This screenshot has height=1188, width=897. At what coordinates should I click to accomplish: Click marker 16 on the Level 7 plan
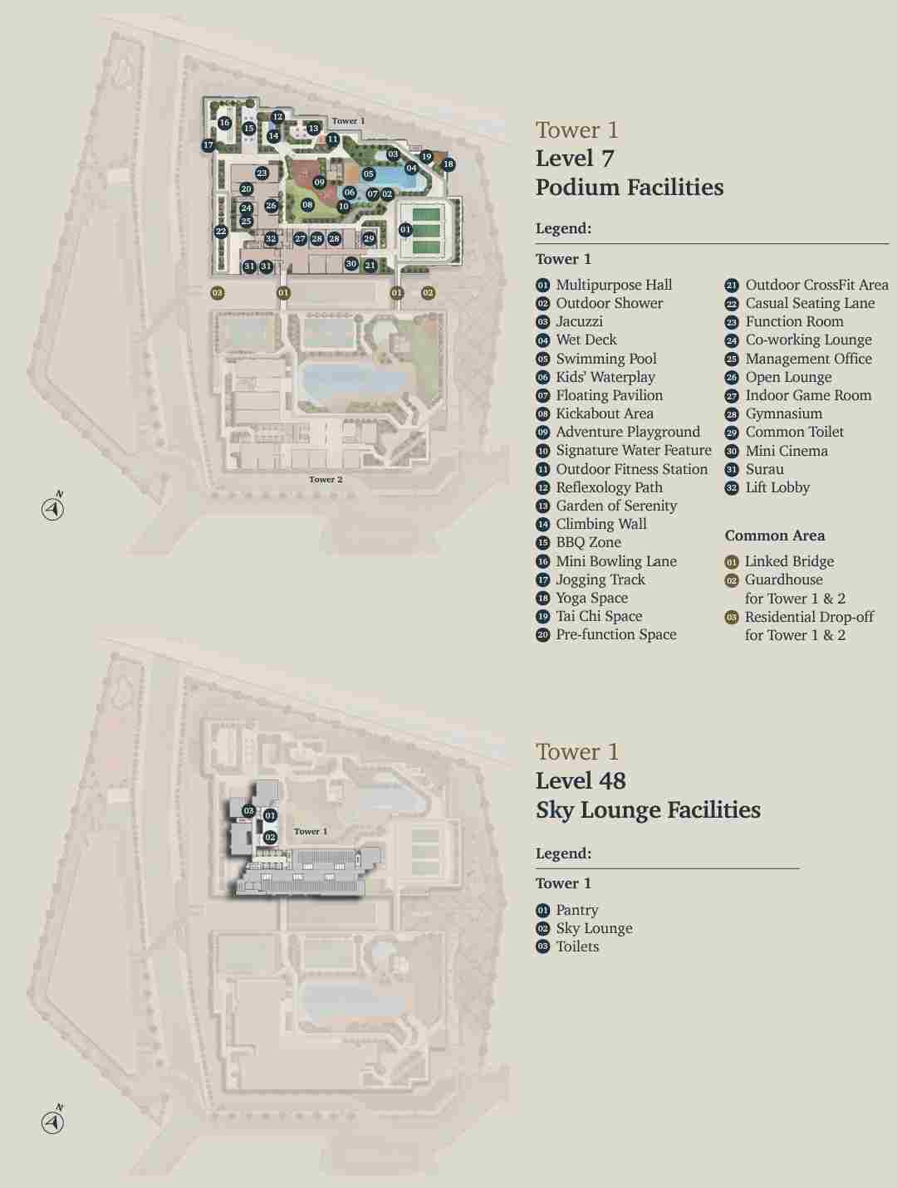(224, 123)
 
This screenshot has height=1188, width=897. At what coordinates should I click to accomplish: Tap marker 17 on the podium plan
(208, 145)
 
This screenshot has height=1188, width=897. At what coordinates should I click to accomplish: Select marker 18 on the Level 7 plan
(448, 164)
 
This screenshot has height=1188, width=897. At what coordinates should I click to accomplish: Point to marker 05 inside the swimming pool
(369, 174)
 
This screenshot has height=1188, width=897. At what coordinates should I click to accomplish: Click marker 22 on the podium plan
(220, 232)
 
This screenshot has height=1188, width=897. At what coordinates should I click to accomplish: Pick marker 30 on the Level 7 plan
(351, 264)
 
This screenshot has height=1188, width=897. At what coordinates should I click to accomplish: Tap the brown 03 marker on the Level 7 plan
(217, 292)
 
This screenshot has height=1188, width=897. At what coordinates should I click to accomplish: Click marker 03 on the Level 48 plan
(248, 811)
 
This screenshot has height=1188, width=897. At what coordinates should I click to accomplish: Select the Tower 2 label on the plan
(326, 479)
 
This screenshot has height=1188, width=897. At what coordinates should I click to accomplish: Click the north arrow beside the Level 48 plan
(53, 1122)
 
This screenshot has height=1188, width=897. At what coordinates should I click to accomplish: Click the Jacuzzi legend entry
(579, 321)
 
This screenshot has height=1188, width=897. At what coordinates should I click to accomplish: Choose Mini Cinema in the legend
(786, 451)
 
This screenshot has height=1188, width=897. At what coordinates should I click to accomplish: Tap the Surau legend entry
(764, 469)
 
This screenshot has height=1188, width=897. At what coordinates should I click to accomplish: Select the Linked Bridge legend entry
(788, 561)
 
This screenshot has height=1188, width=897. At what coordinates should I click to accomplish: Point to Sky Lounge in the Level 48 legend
(593, 928)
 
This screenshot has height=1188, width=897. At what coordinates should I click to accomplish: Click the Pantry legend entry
(576, 910)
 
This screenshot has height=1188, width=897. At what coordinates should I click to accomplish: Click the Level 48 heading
(581, 780)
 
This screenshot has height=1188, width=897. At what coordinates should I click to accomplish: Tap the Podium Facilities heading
(629, 187)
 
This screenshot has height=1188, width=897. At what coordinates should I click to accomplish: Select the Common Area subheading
(774, 535)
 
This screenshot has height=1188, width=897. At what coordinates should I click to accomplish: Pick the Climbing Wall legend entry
(600, 524)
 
